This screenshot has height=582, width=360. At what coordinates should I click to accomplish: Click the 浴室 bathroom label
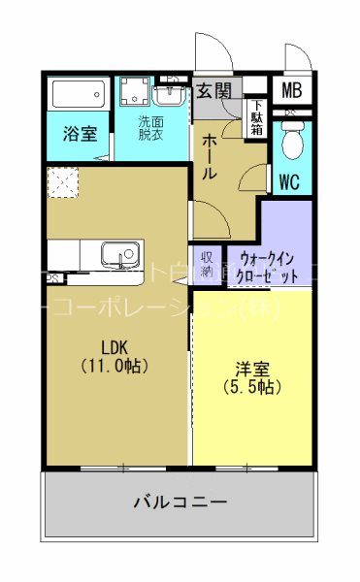(x=80, y=135)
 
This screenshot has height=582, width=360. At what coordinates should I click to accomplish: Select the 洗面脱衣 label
(x=150, y=129)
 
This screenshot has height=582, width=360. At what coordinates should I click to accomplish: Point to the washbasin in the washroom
(x=170, y=95)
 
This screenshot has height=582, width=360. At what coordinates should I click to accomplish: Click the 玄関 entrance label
(x=214, y=91)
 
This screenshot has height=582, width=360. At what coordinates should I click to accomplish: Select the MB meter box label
(x=291, y=92)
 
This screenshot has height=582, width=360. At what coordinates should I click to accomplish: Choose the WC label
(x=289, y=180)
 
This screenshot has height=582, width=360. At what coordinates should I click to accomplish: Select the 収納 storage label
(x=208, y=264)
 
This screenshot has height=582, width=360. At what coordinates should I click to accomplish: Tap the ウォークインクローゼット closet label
(x=268, y=268)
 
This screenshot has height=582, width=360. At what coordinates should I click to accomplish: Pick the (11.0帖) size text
(x=114, y=367)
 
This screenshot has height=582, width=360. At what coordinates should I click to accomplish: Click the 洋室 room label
(x=250, y=370)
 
